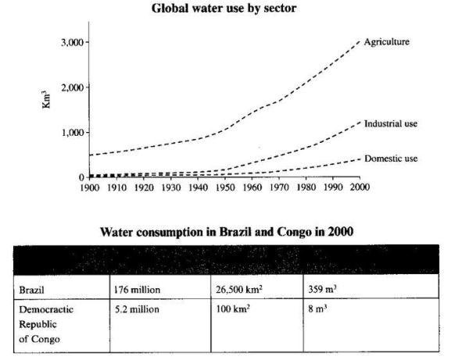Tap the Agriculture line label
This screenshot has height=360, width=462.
click(386, 41)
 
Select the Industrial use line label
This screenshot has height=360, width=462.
click(392, 123)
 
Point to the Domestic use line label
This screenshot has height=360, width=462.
click(390, 159)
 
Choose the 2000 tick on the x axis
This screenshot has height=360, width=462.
click(359, 188)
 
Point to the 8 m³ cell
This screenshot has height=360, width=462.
click(315, 309)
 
